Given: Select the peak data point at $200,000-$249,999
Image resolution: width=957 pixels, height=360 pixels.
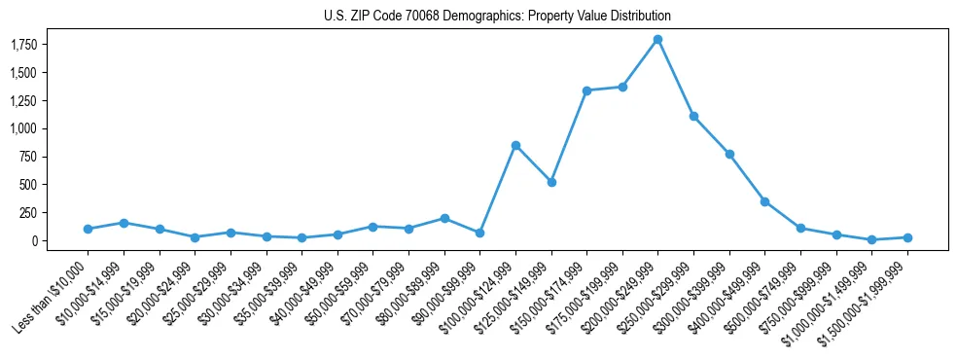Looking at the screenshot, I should point(658,39).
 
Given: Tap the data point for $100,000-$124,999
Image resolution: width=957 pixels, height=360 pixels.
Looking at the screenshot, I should point(515,145).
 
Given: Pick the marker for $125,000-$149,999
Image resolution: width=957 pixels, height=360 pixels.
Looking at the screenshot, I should point(551,182).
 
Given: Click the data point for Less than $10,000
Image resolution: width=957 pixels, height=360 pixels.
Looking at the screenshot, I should point(88,229).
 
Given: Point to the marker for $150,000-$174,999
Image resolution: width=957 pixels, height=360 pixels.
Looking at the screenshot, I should point(586,90).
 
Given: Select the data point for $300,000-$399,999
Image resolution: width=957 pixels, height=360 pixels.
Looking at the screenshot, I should point(729,154).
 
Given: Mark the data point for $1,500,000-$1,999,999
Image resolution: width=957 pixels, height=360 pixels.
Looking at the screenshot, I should point(907,237).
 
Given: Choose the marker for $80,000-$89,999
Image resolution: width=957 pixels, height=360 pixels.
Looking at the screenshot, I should point(444,218).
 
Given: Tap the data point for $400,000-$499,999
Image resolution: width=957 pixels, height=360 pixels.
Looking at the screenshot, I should point(765,201).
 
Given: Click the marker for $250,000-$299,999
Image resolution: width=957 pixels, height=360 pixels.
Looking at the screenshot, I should point(693,116).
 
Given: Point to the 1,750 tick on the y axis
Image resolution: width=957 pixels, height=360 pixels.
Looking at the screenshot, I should point(22,45).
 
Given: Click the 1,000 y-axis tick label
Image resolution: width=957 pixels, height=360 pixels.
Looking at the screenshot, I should point(22,128).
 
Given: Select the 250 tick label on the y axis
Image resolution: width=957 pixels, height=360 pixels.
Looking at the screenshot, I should point(26,213).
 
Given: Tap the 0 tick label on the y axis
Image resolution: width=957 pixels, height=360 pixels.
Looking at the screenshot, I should point(32,241).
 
